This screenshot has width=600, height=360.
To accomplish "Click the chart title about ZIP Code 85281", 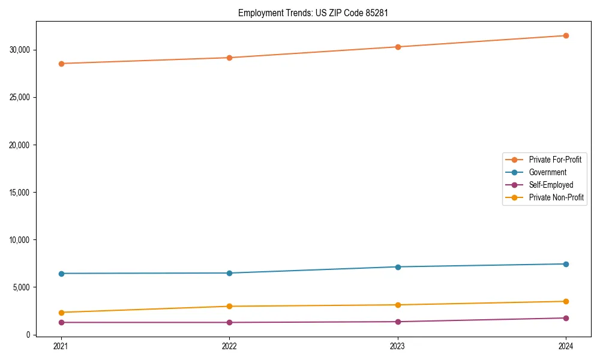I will [x=313, y=13].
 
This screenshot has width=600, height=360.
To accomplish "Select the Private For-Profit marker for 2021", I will [x=61, y=64].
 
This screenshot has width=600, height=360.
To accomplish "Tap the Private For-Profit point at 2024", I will [x=566, y=36].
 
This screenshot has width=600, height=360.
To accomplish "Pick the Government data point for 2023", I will [x=397, y=267].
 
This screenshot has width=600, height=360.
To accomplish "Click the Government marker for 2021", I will [x=61, y=274].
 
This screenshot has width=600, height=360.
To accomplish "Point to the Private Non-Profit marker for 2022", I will [x=229, y=307].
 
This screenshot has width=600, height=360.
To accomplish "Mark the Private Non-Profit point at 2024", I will [x=566, y=301].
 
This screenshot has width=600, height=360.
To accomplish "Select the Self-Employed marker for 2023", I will [x=397, y=322].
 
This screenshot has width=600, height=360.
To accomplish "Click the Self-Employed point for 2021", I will [x=61, y=322].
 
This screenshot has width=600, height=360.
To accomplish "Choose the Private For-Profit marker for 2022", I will [x=229, y=58].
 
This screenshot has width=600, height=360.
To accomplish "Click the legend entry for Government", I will [x=547, y=172].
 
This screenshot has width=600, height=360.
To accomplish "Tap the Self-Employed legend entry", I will [x=551, y=185].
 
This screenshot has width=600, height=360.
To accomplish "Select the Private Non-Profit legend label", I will [x=556, y=197].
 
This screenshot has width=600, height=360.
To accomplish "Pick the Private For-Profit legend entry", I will [x=555, y=160].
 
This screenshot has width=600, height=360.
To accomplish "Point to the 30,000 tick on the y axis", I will [x=20, y=50].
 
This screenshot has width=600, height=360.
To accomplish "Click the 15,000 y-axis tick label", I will [x=20, y=193].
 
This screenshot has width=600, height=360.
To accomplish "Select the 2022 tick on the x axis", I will [x=229, y=346].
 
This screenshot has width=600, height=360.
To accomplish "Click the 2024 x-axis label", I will [x=566, y=346].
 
